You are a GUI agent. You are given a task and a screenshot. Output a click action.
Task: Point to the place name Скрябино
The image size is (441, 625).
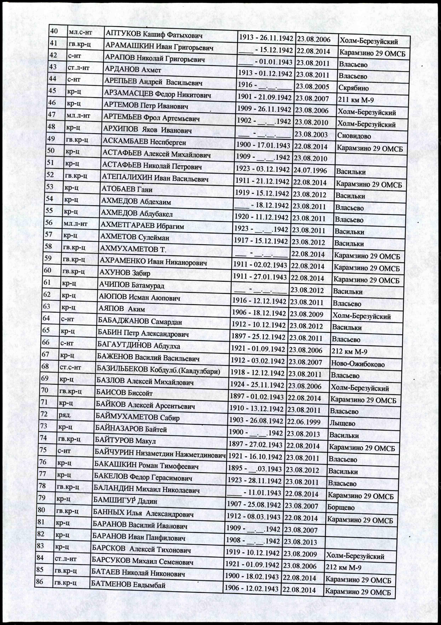point(354,88)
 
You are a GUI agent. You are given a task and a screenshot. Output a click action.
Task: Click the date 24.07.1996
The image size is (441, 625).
point(310,170)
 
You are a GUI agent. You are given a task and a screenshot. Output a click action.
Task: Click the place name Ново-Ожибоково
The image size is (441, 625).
point(358,364)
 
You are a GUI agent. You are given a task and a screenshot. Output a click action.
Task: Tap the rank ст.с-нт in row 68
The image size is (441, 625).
point(70,367)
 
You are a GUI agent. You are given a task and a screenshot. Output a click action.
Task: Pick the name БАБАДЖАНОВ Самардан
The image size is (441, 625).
point(140,321)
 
